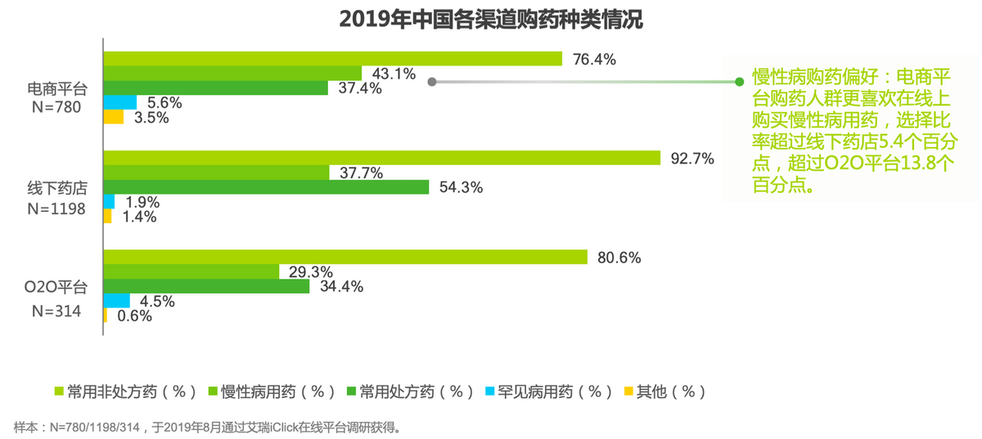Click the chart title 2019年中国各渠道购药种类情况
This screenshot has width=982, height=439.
coord(491,20)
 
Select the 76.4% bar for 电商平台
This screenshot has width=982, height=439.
coord(332,59)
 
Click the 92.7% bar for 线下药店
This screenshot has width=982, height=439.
coord(381,158)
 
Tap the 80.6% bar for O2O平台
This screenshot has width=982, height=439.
coord(345,257)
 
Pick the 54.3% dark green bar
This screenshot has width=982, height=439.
coord(266,187)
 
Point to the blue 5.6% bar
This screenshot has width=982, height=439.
coord(120,102)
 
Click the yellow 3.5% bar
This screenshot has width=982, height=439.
coord(114,117)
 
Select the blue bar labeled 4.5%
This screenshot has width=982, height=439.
coord(117,300)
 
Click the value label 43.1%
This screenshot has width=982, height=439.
coord(394,74)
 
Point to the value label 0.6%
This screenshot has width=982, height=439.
coord(134,316)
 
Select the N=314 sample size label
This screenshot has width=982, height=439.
coord(56,311)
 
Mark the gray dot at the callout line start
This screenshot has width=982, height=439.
coord(432,82)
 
